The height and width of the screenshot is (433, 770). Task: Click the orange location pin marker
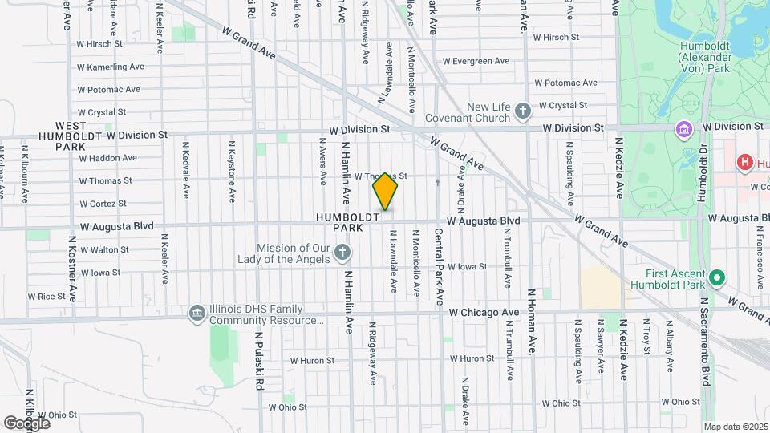click(x=386, y=192)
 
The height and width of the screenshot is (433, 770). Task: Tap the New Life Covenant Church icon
click(x=523, y=111)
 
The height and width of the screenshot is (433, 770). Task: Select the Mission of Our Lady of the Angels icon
click(x=342, y=254)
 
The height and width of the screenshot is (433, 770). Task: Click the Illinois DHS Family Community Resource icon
click(x=197, y=312)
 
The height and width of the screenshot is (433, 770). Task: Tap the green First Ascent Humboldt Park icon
click(x=717, y=278)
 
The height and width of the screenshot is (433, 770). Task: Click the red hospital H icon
click(x=744, y=163)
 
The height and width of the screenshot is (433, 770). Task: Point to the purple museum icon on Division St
click(x=684, y=128)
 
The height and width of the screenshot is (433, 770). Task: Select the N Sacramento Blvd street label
click(x=707, y=340)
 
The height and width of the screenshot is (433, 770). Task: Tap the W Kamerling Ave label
click(x=110, y=67)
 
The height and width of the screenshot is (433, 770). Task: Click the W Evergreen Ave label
click(x=476, y=60)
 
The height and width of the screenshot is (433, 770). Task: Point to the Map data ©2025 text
click(x=735, y=426)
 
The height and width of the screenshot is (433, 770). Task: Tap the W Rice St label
click(x=46, y=296)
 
